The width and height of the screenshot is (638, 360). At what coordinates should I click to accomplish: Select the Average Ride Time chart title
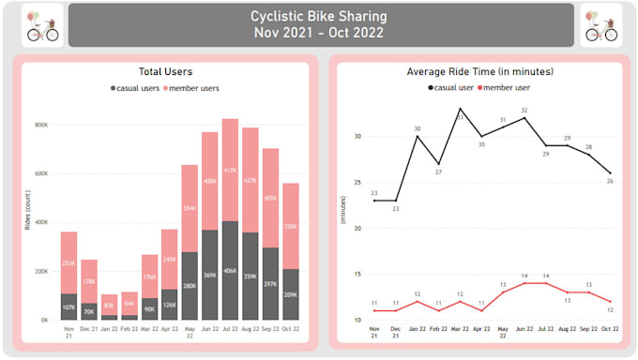click(x=478, y=71)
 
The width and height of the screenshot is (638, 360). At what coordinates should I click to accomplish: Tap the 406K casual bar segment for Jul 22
click(x=230, y=270)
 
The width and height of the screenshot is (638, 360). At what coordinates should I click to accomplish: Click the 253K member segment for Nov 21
click(x=68, y=263)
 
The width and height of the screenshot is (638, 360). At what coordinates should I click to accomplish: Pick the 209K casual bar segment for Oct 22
click(x=292, y=294)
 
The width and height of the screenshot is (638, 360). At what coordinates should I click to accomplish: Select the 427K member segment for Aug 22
click(x=251, y=180)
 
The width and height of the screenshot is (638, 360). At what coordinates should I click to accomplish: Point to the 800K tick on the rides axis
click(x=42, y=125)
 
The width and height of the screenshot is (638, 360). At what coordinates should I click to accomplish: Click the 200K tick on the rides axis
click(x=42, y=271)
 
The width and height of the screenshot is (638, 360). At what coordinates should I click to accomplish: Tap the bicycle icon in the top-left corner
click(x=41, y=25)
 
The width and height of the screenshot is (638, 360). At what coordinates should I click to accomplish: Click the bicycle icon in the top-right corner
click(x=601, y=25)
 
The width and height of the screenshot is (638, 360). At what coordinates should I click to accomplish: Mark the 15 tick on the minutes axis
click(x=357, y=275)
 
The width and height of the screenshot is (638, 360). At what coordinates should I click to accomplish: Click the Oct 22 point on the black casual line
click(x=611, y=173)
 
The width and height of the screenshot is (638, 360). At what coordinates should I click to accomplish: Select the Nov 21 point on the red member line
click(x=374, y=310)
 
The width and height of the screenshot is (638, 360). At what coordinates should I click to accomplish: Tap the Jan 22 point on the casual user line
click(x=418, y=137)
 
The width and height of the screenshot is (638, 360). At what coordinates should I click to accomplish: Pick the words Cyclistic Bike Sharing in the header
click(x=319, y=16)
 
